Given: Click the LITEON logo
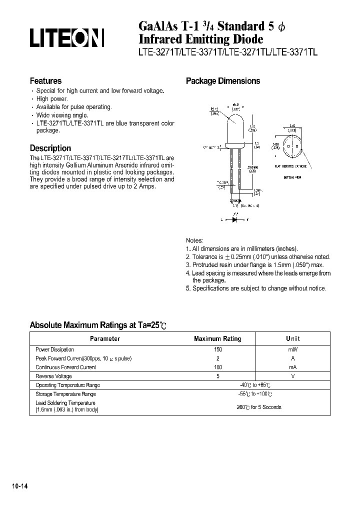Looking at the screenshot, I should tap(66, 38).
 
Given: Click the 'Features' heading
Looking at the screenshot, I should tap(45, 81).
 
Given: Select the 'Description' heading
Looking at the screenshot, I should tap(50, 148).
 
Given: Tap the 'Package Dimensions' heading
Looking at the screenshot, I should tap(223, 81).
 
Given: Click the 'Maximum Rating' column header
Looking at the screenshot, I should tap(217, 338).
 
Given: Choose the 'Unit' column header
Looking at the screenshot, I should tap(292, 338).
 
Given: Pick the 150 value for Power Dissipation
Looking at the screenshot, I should tap(217, 349).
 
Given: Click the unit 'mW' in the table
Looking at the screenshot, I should tap(292, 349).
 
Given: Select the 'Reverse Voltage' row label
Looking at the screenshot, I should tap(53, 376).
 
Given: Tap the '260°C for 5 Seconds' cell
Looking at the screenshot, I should tap(258, 407).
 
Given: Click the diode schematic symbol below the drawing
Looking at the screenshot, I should tap(232, 219).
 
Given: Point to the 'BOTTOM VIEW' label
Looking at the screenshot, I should tap(292, 177).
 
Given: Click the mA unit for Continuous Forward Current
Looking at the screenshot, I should tap(292, 367).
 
